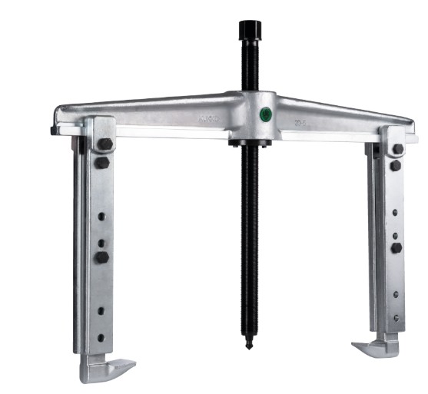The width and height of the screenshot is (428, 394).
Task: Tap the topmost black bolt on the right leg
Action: (397, 149)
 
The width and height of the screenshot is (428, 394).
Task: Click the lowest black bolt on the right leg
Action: (396, 248)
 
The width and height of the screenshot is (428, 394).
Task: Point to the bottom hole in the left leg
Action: (101, 310)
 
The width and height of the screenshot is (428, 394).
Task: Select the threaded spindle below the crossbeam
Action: (250, 246)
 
